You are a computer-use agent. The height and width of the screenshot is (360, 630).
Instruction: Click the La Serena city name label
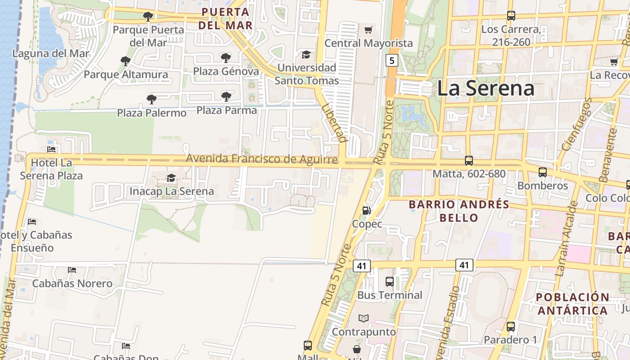pos(486,88)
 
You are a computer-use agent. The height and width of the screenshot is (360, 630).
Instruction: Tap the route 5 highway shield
pos(392,60)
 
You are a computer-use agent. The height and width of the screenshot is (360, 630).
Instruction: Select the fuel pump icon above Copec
pos(367,210)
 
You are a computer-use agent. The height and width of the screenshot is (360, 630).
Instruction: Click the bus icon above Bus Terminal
pos(390,282)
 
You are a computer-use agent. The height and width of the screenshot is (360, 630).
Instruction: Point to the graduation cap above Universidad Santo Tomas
pos(306,54)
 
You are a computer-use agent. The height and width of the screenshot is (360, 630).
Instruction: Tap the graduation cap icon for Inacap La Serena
pos(171,178)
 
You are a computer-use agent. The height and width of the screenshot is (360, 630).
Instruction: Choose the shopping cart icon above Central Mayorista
pos(369,30)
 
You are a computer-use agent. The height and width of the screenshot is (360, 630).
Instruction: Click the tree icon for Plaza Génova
pos(226,58)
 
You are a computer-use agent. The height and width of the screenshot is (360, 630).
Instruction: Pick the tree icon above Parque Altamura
pos(126,61)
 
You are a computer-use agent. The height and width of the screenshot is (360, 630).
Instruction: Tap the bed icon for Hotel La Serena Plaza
pos(51,149)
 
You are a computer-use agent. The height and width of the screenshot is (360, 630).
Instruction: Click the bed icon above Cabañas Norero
pos(72,270)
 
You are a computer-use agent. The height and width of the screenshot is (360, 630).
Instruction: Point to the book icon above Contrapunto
pos(364,318)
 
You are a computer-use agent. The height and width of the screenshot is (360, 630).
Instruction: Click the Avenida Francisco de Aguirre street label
pos(261,159)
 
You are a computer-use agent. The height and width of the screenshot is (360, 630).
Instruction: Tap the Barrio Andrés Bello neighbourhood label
pos(459,211)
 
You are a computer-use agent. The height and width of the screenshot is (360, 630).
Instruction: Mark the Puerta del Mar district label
pos(225,18)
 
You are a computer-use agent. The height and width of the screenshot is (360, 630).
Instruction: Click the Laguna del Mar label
pos(51,54)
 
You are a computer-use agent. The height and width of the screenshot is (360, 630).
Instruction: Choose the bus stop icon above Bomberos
pos(543,172)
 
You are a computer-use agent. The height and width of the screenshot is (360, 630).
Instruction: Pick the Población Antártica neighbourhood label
pos(572,304)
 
